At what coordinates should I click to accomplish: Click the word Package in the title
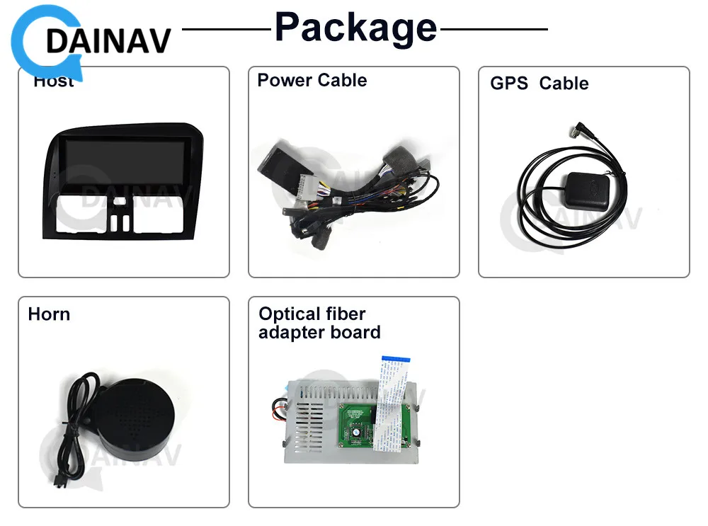(x=355, y=28)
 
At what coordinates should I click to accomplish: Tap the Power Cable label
(x=312, y=80)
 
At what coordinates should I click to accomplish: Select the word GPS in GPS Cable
(x=508, y=84)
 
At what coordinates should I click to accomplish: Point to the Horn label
(x=49, y=314)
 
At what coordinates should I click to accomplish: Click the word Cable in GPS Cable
(x=564, y=84)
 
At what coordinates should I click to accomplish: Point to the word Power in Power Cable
(x=282, y=80)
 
